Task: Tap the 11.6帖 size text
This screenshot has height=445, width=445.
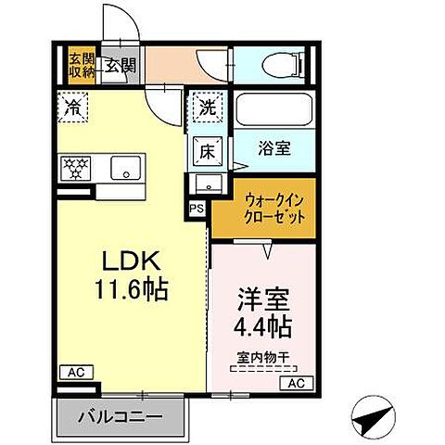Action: (x=131, y=291)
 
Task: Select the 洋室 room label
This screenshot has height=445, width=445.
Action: (x=262, y=302)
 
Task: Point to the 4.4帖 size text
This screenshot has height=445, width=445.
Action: (x=262, y=327)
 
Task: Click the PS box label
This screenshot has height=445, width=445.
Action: (x=197, y=210)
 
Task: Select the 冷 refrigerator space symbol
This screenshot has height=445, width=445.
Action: (x=73, y=107)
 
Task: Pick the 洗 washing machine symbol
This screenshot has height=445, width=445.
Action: (x=209, y=108)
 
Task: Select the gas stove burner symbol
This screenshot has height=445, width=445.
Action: (x=74, y=168)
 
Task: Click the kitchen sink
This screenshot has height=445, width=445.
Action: (x=125, y=169)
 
